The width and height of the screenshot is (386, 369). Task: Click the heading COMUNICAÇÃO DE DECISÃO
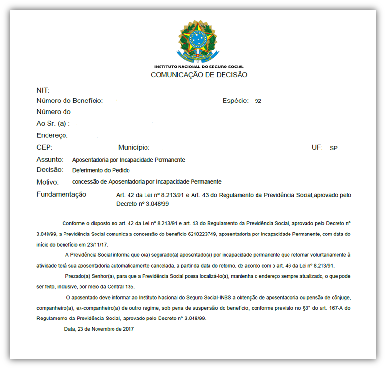(x=199, y=75)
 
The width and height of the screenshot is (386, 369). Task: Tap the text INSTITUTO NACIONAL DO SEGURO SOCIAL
(x=199, y=67)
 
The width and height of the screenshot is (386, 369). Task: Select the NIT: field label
(x=43, y=90)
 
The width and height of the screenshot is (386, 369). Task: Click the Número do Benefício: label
(x=69, y=101)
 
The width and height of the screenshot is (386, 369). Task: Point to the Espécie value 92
(x=258, y=101)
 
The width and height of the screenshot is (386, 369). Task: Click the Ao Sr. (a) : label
(x=53, y=124)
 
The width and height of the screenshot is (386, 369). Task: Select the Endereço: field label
(x=52, y=135)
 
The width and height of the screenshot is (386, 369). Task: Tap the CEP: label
(x=44, y=147)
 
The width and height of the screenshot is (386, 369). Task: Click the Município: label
(x=133, y=147)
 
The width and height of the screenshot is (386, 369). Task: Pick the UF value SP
(x=333, y=148)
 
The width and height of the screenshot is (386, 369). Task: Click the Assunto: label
(x=50, y=159)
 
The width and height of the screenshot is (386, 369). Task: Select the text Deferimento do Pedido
(x=101, y=170)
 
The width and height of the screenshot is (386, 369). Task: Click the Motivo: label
(x=48, y=182)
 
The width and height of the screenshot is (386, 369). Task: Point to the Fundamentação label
(x=62, y=194)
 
